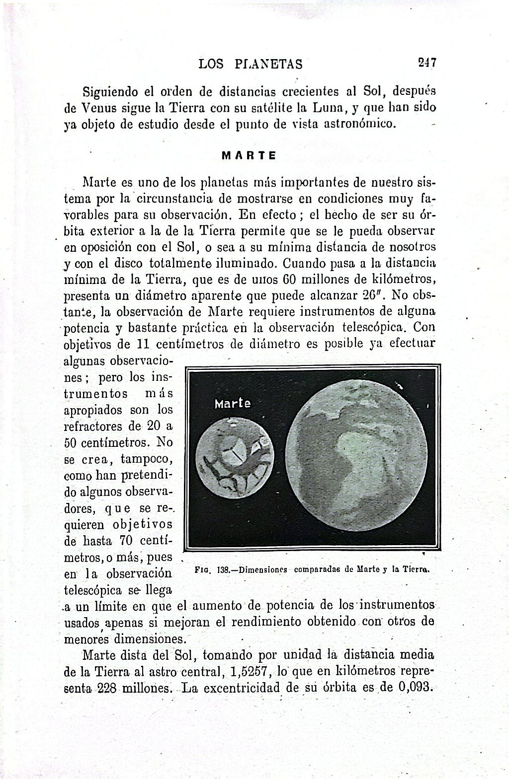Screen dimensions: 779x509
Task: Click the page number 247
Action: (426, 63)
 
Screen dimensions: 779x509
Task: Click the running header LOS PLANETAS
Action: (250, 64)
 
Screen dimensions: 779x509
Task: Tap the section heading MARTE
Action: (249, 155)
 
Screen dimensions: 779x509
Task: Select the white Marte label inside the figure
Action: (233, 404)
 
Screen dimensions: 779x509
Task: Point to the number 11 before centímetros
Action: (143, 344)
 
